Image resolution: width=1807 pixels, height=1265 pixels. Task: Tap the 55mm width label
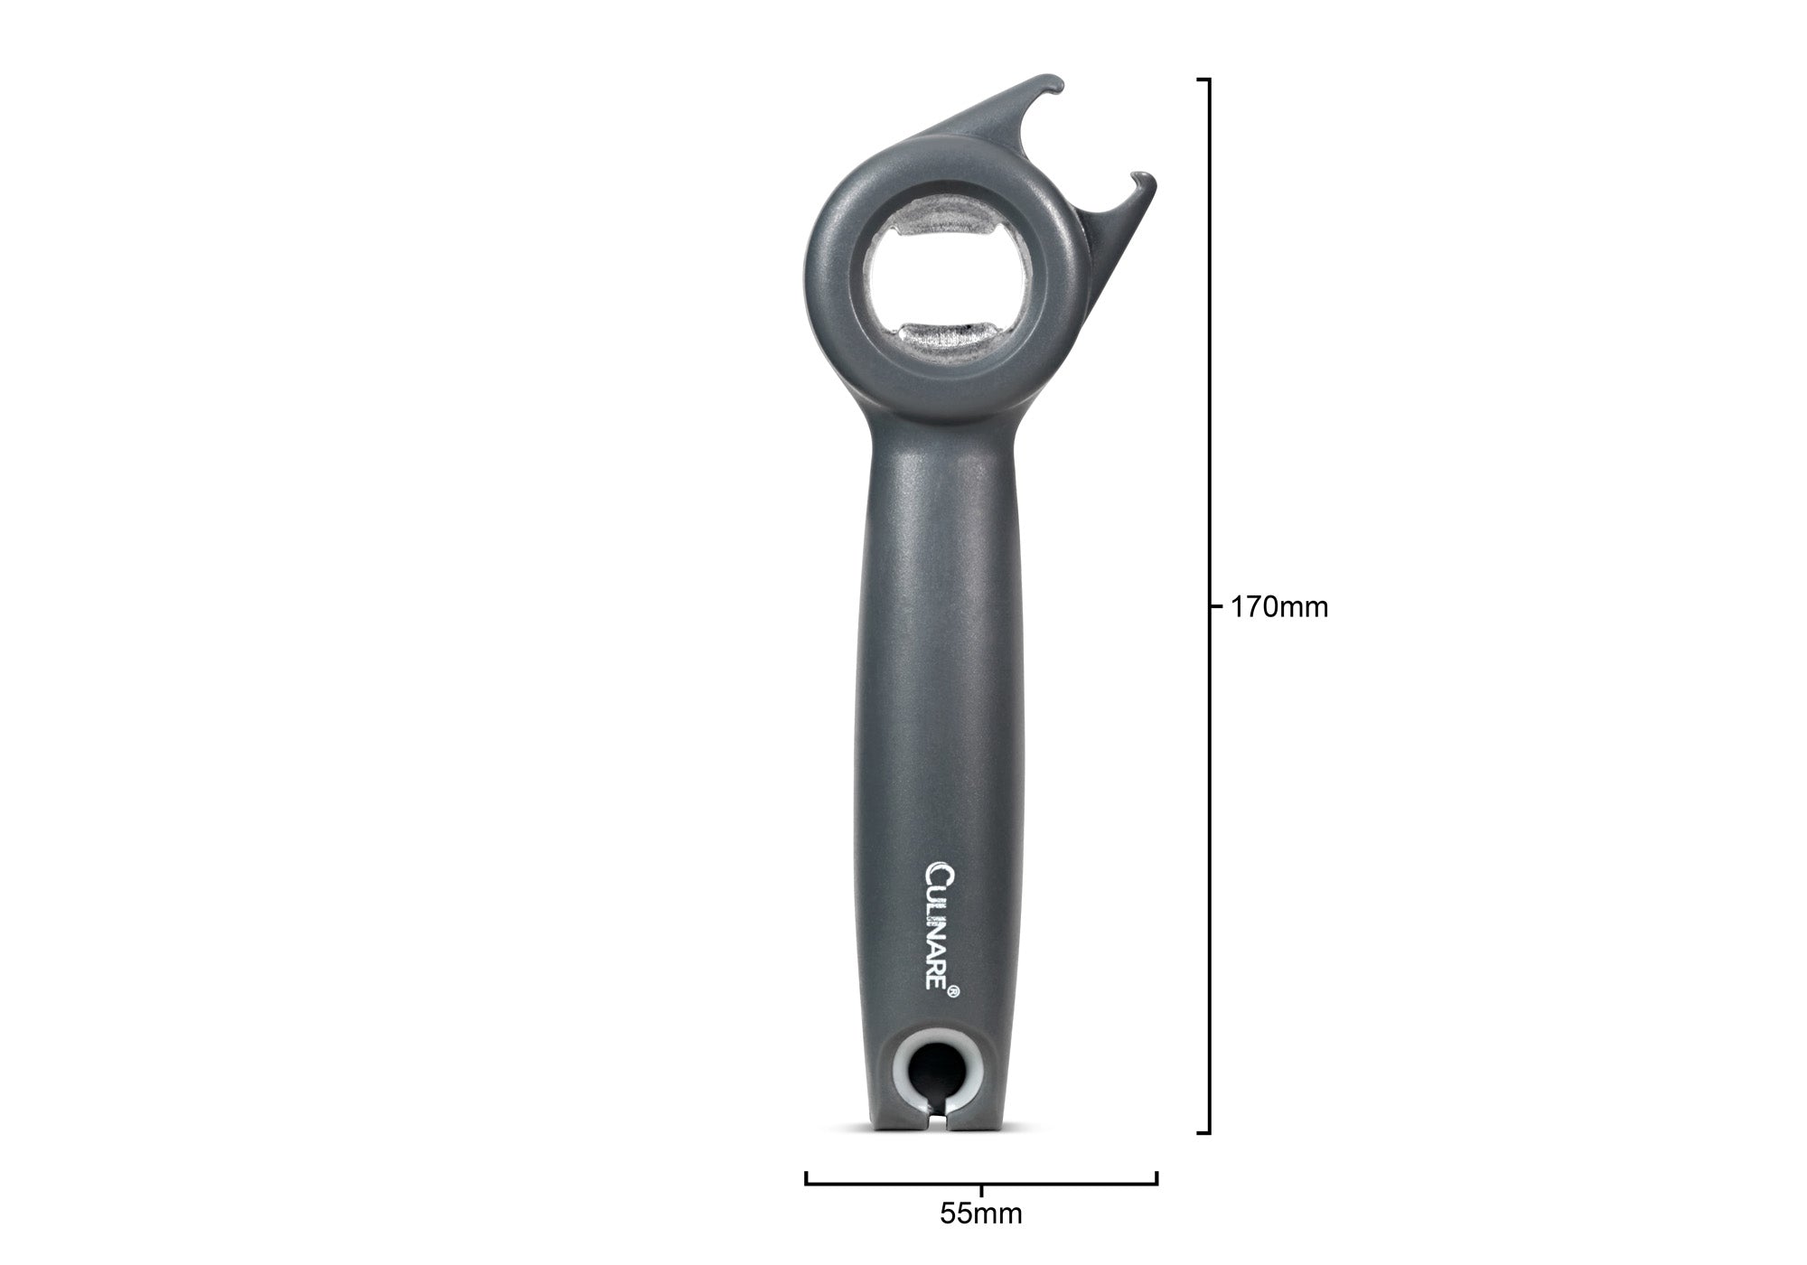pyautogui.click(x=980, y=1213)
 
